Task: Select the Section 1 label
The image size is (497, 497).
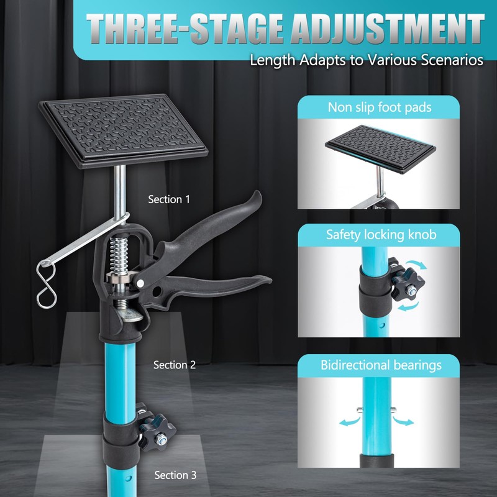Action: pos(169,199)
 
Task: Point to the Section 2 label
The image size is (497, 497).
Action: pos(175,365)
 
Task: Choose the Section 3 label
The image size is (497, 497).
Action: pos(175,475)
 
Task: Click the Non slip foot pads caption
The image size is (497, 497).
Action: pos(380,107)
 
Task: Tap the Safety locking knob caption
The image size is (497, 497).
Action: pos(380,235)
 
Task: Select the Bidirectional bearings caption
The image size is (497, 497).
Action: pos(380,365)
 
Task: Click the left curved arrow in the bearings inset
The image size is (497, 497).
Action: pos(350,422)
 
